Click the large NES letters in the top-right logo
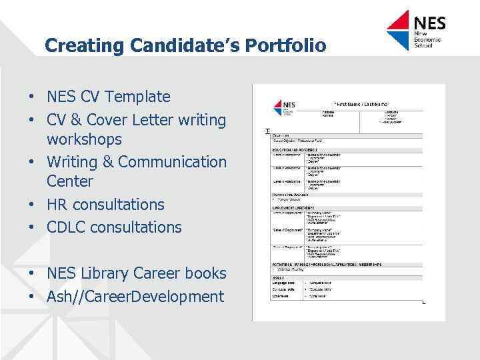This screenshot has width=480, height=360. (x=429, y=23)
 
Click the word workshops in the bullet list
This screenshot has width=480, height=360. (x=84, y=140)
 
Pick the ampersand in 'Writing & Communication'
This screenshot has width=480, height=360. (x=105, y=162)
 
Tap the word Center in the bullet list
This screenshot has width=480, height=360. (x=70, y=181)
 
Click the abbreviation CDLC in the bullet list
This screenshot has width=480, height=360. (x=66, y=227)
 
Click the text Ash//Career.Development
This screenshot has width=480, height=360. (x=135, y=297)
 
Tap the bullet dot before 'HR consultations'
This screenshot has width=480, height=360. (x=32, y=205)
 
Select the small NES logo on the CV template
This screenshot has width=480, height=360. (x=285, y=107)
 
